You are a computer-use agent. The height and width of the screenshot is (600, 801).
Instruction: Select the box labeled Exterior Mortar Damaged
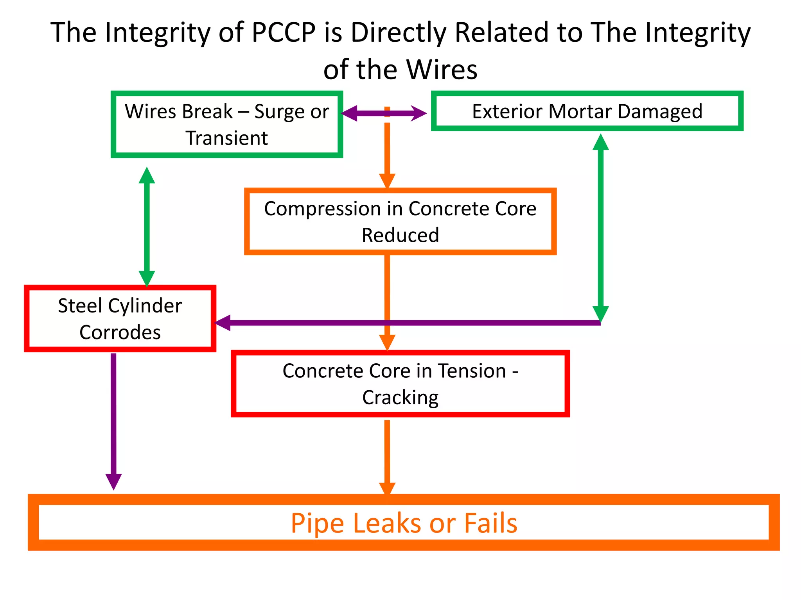click(x=587, y=111)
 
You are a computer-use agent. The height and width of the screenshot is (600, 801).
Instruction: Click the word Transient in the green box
click(x=226, y=138)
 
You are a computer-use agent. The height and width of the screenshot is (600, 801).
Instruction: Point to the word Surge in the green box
click(x=280, y=112)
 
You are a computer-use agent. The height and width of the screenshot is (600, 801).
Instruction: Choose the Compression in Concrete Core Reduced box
click(x=400, y=221)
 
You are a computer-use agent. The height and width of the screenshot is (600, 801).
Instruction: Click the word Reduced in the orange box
click(x=400, y=236)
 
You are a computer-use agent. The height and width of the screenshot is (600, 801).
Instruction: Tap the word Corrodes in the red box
click(x=120, y=333)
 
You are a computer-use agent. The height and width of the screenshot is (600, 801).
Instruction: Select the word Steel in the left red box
click(x=80, y=306)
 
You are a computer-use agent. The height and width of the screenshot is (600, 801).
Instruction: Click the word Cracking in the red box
click(x=400, y=398)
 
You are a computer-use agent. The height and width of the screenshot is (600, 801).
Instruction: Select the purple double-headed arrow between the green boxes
click(x=383, y=113)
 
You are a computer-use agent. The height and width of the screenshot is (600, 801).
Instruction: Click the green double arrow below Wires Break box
click(x=147, y=227)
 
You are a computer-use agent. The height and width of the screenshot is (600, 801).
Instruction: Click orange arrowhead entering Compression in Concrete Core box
click(x=387, y=180)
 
